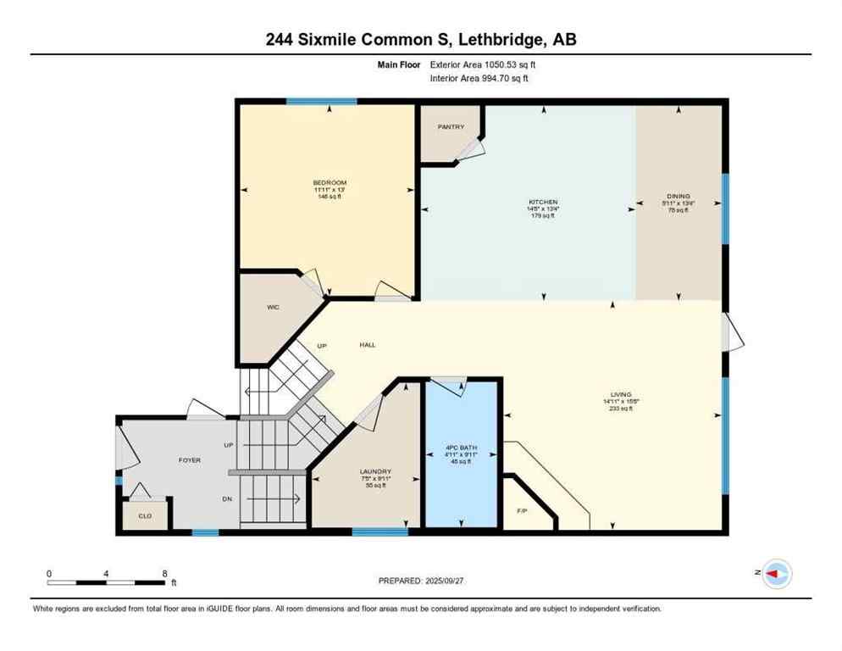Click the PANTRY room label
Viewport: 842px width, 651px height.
click(451, 127)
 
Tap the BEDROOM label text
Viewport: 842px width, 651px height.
click(330, 183)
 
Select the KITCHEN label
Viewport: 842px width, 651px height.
click(542, 203)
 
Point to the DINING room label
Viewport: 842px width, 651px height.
click(678, 196)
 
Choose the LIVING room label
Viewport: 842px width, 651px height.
click(622, 394)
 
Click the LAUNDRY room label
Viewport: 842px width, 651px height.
click(374, 471)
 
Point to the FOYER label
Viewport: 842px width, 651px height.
click(190, 460)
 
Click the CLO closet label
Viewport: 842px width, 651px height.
click(145, 515)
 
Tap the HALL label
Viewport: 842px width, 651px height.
click(367, 345)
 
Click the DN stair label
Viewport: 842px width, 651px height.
click(227, 499)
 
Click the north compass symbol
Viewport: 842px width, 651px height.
click(776, 574)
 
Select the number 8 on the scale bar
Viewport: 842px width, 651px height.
click(163, 574)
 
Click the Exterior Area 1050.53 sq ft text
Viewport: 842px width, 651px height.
click(483, 64)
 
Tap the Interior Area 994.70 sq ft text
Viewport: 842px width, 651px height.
click(479, 79)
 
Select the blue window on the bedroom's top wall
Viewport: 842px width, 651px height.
click(321, 102)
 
